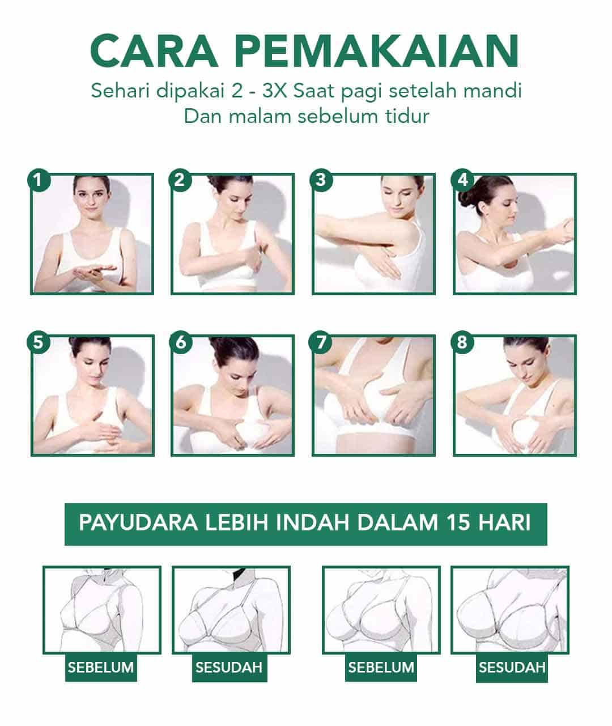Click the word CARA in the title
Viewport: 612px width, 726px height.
154,51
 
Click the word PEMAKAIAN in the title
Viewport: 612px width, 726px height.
377,51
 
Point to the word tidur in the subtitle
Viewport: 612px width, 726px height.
407,116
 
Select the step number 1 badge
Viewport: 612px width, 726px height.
39,180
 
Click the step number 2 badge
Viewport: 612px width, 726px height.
180,180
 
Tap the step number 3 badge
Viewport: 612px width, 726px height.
321,180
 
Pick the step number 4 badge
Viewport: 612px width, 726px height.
462,180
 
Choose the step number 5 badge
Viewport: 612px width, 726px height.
39,342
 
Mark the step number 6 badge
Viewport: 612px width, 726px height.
181,342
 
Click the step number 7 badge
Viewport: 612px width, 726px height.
320,342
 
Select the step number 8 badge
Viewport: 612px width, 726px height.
462,342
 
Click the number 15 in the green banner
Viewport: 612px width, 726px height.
459,523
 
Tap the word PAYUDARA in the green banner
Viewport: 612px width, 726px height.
138,523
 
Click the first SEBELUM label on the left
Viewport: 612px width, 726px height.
101,667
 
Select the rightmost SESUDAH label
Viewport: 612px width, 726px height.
512,667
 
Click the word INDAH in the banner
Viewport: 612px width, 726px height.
313,523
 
